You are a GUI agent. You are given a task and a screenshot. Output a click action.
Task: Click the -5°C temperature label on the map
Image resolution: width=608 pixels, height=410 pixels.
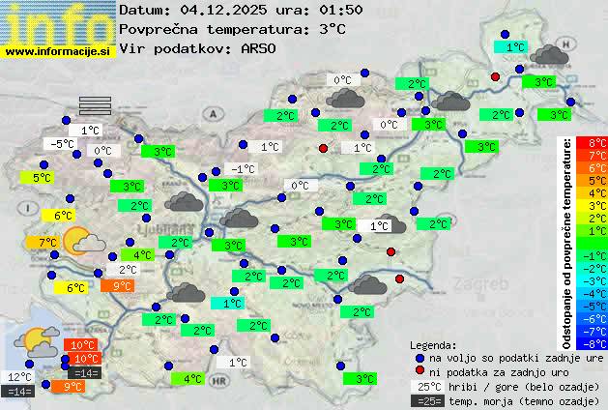[x=63, y=144]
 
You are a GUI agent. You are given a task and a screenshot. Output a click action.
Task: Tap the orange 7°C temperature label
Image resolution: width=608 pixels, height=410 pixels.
[x=47, y=242]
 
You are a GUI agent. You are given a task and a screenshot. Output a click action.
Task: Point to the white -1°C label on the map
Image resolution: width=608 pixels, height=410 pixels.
[x=244, y=169]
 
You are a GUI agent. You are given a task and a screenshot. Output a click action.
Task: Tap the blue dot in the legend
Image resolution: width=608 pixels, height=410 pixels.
[x=420, y=357]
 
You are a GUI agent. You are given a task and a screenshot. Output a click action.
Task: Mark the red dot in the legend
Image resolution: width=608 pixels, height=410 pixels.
[x=420, y=370]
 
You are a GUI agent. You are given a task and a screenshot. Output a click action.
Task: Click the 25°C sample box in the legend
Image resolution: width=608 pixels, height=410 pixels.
[x=426, y=386]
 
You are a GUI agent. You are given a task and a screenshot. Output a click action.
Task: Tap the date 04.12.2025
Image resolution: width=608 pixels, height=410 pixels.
[x=223, y=10]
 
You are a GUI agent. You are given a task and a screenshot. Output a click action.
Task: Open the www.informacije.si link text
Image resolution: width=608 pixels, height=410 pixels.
[x=58, y=50]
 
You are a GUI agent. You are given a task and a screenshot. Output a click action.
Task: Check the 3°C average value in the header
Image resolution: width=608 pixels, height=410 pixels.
[x=331, y=29]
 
